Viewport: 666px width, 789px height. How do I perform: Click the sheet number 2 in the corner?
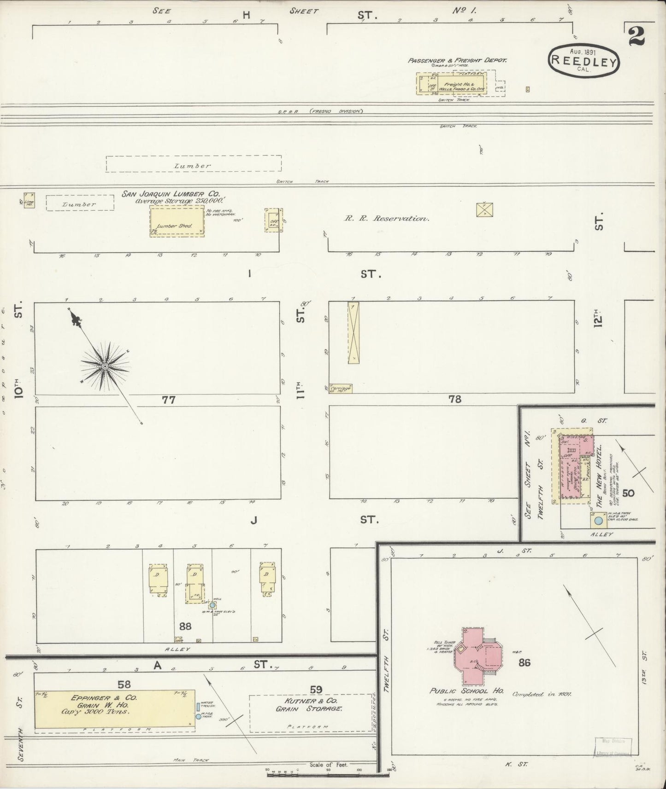coord(637,35)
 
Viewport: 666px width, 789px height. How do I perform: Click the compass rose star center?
coord(105,366)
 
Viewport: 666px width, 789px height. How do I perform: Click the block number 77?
coord(169,400)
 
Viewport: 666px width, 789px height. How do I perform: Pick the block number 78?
coord(455,399)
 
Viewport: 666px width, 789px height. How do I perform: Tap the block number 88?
coord(185,626)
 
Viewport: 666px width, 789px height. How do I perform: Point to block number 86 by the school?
coord(524,662)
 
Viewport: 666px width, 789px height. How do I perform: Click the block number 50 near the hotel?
coord(628,493)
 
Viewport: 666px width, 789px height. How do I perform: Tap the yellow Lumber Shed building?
coord(177,221)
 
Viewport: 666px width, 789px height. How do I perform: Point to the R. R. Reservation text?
coord(387,219)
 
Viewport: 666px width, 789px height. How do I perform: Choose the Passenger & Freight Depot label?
coord(457,60)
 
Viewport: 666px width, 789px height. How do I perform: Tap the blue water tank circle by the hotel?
coord(598,521)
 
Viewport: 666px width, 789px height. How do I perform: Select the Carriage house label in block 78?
coord(340,389)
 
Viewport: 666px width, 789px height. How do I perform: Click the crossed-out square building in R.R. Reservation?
coord(485,209)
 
